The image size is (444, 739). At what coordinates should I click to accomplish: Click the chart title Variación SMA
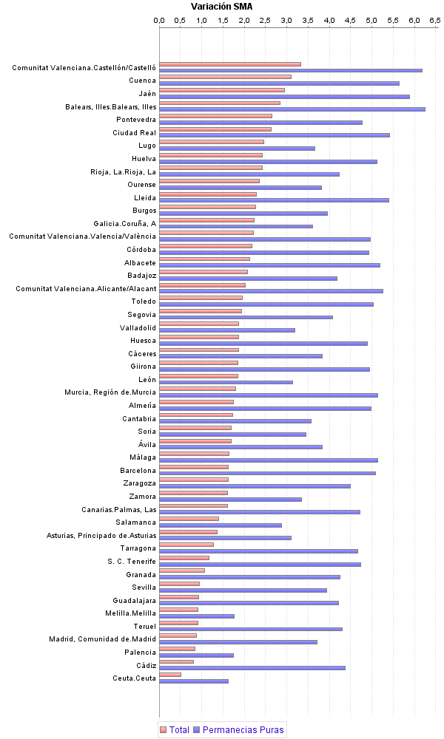click(x=221, y=7)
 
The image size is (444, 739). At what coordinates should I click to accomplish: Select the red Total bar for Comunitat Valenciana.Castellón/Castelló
click(x=229, y=64)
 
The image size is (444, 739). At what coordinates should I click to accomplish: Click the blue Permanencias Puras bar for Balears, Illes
click(x=292, y=109)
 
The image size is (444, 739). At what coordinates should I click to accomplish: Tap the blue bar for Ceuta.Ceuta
click(x=194, y=681)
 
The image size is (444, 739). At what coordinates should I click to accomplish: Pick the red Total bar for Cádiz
click(x=177, y=661)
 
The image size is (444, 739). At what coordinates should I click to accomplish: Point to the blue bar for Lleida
click(x=274, y=200)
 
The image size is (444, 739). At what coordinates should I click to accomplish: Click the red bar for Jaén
click(x=222, y=90)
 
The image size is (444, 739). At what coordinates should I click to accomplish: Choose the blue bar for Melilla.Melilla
click(x=197, y=616)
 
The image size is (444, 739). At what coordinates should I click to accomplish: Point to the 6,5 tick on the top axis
click(x=435, y=21)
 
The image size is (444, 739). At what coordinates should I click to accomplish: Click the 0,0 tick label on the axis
click(x=159, y=21)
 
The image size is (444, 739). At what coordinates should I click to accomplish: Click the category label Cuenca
click(x=142, y=81)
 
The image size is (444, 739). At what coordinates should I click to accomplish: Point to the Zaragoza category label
click(x=139, y=483)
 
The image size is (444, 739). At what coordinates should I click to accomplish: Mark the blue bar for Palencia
click(x=196, y=655)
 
